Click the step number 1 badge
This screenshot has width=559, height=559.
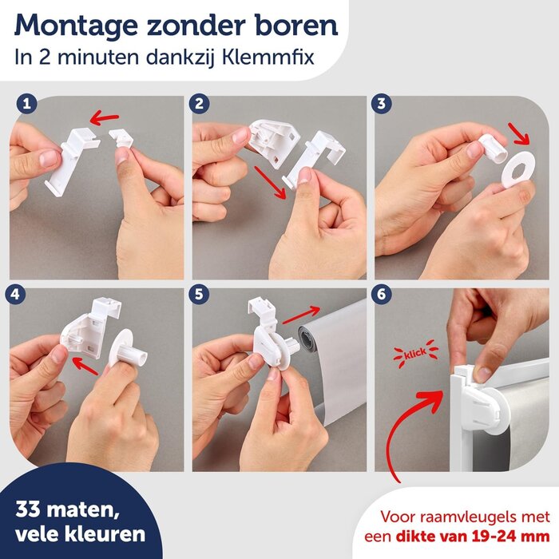pos(27,104)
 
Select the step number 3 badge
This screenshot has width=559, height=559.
pos(383,104)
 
